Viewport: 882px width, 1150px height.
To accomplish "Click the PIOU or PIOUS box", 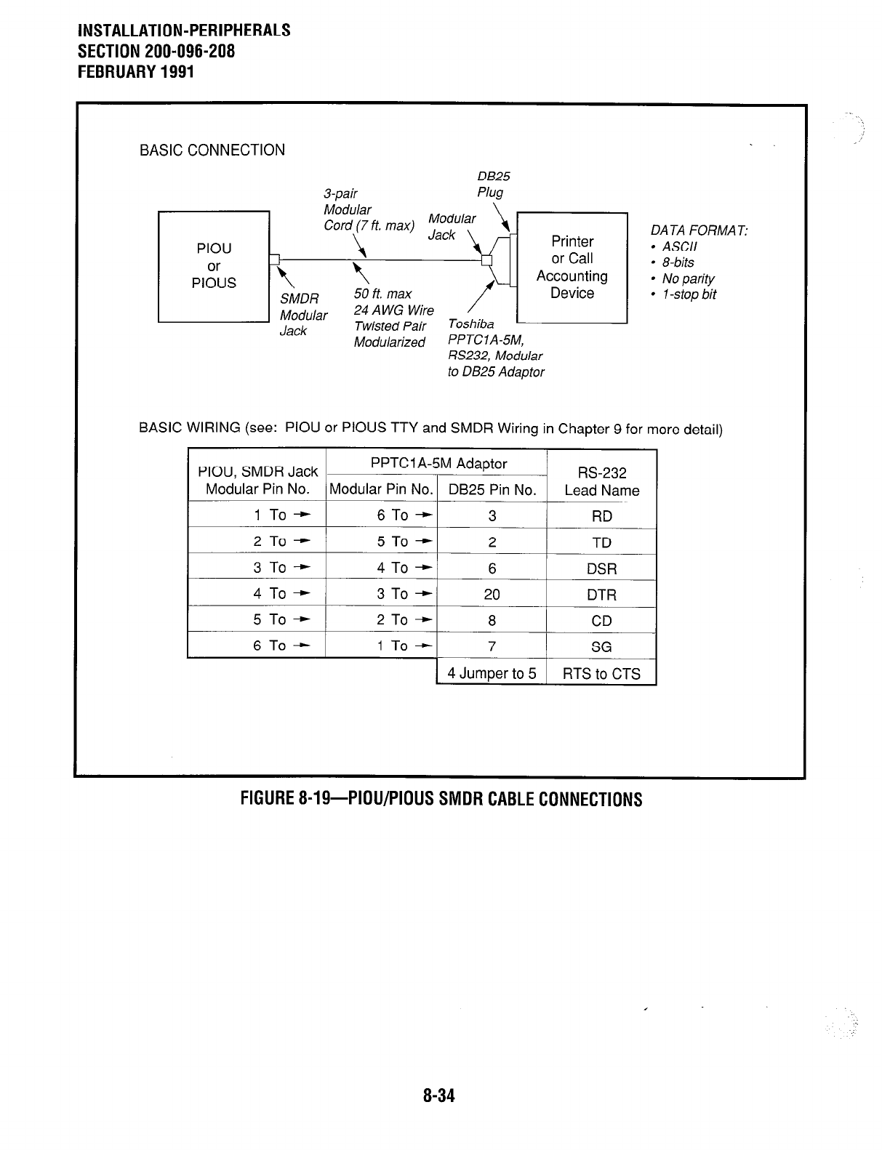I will pos(214,266).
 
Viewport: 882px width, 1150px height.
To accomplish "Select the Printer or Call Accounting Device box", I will pos(572,267).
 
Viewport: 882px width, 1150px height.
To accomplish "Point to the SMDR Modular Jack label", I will pos(303,315).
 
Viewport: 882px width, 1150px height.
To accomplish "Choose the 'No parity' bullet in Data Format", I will pos(687,278).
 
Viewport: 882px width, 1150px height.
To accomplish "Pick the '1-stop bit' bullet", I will pos(688,294).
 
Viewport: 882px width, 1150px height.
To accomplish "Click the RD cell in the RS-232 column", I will pos(601,516).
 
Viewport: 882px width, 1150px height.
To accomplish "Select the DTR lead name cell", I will pos(601,595).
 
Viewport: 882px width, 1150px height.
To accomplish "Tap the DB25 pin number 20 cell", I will pos(492,595).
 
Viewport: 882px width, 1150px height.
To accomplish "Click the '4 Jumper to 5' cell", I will pos(492,673).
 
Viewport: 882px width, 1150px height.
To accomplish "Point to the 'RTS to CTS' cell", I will pos(601,674).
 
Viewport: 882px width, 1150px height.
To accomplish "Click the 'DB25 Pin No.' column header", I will pos(492,490).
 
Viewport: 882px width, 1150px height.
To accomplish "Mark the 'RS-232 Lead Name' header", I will pos(601,482).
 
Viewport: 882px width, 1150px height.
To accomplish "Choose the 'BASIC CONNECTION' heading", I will pos(212,150).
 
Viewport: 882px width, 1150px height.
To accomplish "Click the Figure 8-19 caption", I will pos(441,800).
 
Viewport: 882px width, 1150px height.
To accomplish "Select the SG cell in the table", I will pos(601,647).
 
